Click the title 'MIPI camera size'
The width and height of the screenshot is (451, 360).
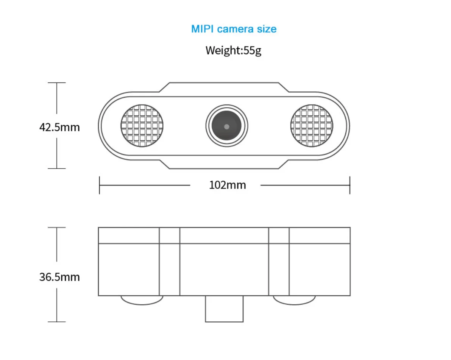tap(234, 29)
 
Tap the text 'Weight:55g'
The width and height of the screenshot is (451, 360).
tap(233, 50)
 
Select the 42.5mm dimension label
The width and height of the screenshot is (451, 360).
tap(59, 127)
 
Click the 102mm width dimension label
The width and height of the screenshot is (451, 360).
tap(227, 185)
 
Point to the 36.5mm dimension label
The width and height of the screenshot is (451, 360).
tap(59, 277)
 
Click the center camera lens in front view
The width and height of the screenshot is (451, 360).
tap(227, 126)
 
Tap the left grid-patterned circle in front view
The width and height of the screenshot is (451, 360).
tap(142, 126)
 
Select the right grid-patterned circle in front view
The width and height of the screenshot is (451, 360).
tap(312, 126)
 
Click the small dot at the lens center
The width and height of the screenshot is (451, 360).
tap(227, 126)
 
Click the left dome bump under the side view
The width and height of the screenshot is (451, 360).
tap(142, 299)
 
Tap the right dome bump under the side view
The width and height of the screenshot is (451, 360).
tap(294, 299)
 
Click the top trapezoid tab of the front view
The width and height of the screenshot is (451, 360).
tap(224, 87)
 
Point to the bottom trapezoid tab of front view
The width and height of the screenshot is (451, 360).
tap(224, 164)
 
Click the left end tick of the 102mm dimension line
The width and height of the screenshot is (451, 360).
tap(99, 185)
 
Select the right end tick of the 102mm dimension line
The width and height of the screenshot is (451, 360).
tap(350, 185)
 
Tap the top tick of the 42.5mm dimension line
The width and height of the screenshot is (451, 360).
tap(57, 83)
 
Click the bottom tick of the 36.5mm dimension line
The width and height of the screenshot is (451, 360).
tap(57, 322)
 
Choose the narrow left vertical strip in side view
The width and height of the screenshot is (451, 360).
tap(169, 261)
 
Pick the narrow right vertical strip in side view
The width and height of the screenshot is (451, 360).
tap(279, 261)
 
